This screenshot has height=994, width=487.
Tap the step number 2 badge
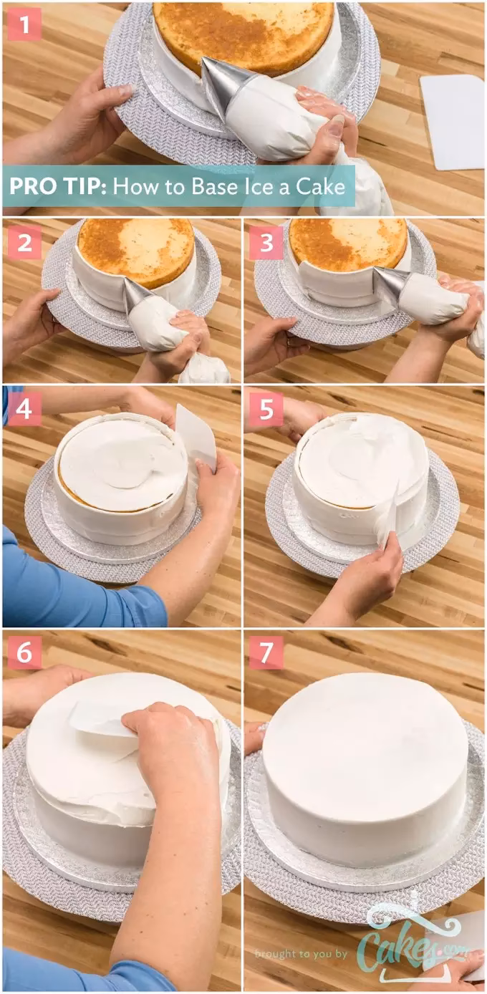pos(24,243)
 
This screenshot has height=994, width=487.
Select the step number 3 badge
pos(266,243)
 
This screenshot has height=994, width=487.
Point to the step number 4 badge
pos(24,409)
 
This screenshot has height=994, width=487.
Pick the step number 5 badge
pos(266,409)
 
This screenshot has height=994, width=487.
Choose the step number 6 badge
pos(24,652)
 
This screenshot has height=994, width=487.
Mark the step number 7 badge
pos(266,652)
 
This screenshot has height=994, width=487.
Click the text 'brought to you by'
pos(301,953)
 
